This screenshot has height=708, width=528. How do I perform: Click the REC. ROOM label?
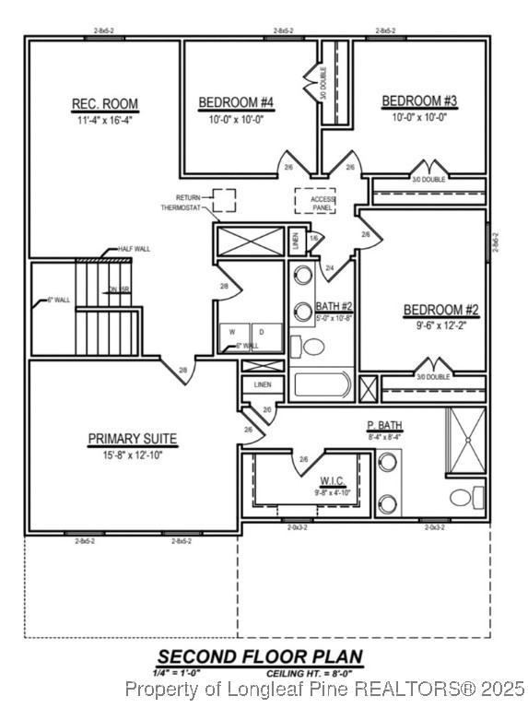click(104, 104)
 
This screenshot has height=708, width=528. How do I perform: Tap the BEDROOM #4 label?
click(236, 101)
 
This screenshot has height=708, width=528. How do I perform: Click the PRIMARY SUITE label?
click(132, 439)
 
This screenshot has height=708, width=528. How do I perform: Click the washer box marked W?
click(232, 332)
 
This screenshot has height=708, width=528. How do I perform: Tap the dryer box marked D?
click(263, 332)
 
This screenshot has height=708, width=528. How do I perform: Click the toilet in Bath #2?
click(314, 348)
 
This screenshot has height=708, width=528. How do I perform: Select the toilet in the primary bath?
click(462, 499)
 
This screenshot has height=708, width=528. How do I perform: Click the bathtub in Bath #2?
click(322, 385)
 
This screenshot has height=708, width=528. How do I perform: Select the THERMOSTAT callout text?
click(180, 208)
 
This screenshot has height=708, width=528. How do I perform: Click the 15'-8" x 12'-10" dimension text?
click(132, 455)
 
